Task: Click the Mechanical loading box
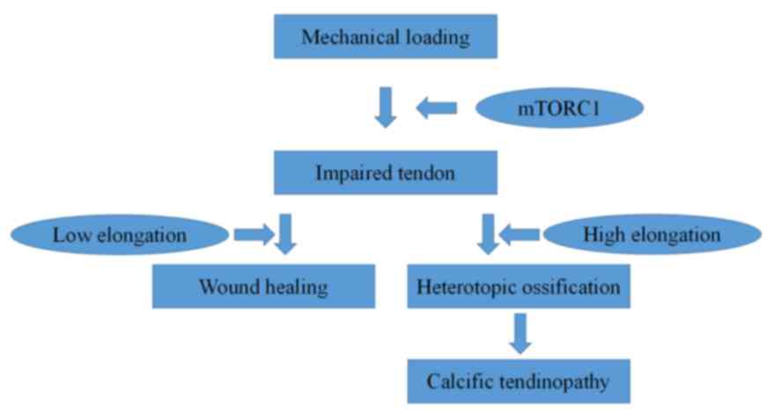point(386,38)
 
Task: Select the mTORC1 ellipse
point(560,108)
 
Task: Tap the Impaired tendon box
point(386,173)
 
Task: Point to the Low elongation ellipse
point(120,235)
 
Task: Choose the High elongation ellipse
point(652,235)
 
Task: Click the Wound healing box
point(263,286)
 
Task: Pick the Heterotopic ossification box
point(518,286)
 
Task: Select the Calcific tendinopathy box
point(518,382)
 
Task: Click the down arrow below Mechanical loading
point(386,107)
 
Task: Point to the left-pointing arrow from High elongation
point(520,234)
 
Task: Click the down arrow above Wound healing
point(285,233)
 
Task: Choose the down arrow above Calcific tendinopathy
point(520,333)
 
